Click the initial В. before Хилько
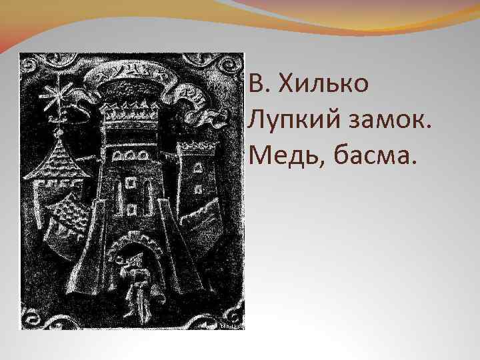click(x=257, y=85)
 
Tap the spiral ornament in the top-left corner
click(x=33, y=66)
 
